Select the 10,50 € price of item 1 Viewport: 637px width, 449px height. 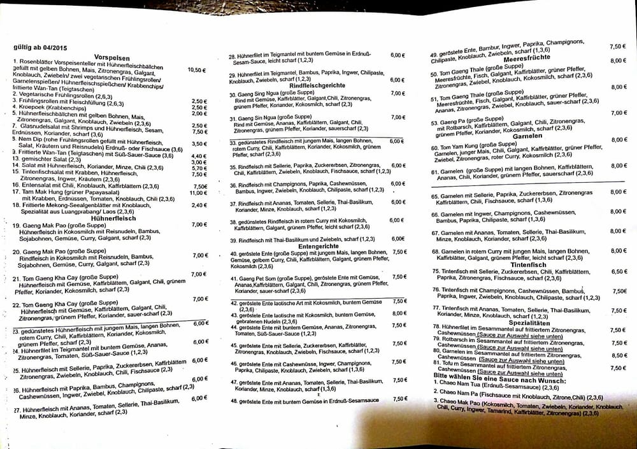click(x=197, y=70)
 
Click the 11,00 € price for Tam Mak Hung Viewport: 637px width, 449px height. click(x=198, y=192)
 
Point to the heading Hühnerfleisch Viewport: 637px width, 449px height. click(x=114, y=218)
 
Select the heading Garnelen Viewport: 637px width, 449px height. click(x=526, y=136)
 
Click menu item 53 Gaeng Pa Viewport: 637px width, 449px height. click(x=459, y=122)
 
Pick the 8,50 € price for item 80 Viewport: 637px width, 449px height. click(x=618, y=355)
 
